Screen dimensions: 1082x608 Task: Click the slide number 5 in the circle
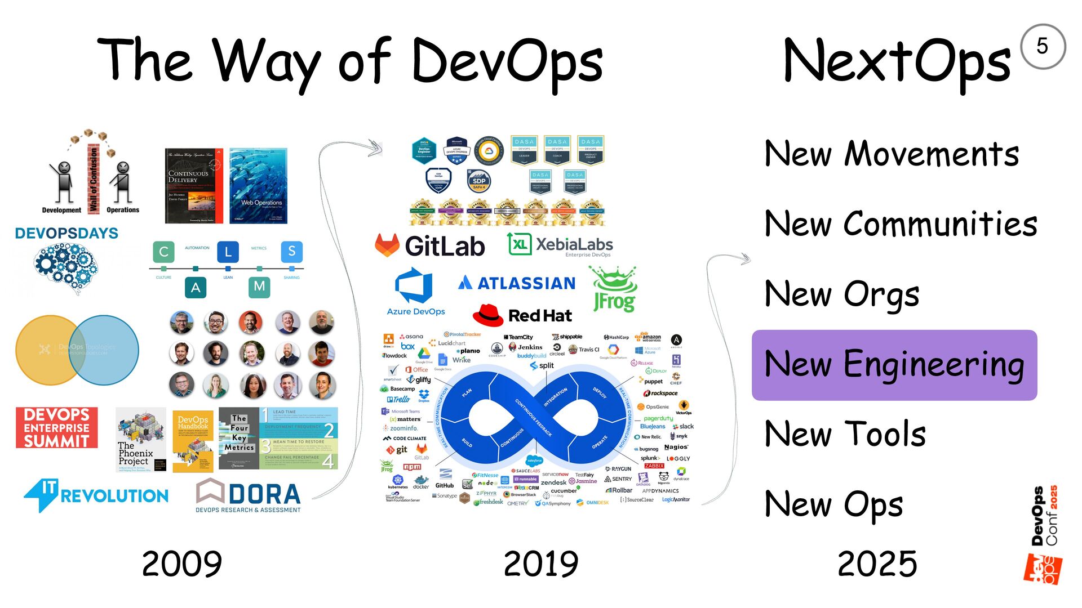click(1042, 46)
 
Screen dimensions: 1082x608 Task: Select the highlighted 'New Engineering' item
click(894, 365)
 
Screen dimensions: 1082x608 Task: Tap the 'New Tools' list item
click(845, 434)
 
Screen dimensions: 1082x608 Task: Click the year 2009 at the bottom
click(181, 564)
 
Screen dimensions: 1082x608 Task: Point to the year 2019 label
click(540, 564)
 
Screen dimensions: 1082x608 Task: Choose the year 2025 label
click(877, 564)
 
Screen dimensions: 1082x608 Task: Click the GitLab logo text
click(444, 246)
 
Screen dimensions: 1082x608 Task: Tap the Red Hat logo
click(522, 315)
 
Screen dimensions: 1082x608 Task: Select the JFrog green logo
click(614, 289)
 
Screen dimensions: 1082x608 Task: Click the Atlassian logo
click(517, 283)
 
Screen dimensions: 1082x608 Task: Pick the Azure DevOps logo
click(415, 292)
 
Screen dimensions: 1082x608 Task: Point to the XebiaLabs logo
click(560, 245)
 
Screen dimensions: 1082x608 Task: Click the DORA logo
click(248, 495)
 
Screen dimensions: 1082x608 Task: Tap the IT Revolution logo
click(96, 494)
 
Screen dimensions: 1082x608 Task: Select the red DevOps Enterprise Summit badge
click(56, 427)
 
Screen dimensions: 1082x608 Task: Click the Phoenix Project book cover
click(141, 440)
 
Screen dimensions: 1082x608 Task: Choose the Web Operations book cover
click(258, 186)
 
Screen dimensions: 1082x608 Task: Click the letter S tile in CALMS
click(291, 251)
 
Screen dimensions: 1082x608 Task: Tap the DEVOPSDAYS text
click(66, 233)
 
